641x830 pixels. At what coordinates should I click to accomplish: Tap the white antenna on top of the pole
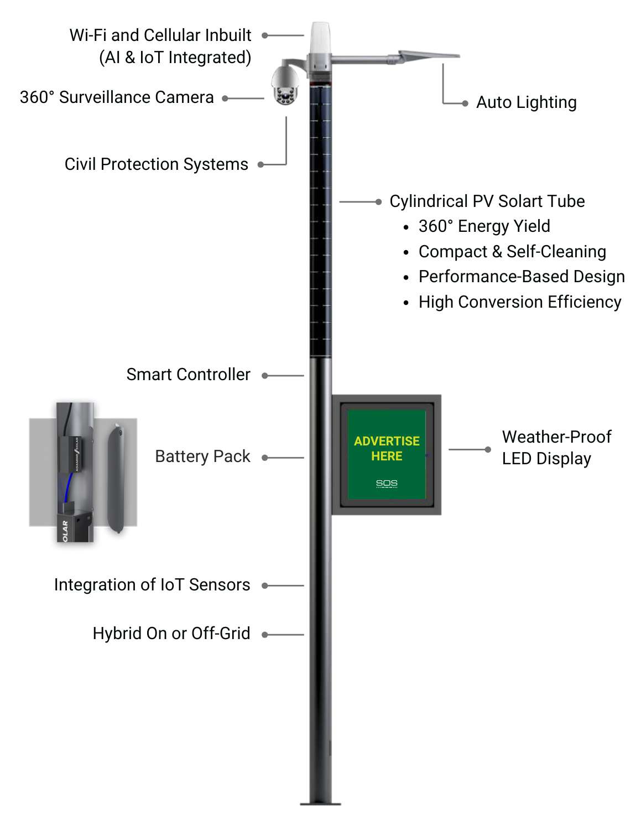click(320, 38)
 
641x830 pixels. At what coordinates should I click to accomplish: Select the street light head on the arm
click(429, 55)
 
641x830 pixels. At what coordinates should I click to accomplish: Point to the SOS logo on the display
click(387, 484)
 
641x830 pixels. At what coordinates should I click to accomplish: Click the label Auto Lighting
click(526, 102)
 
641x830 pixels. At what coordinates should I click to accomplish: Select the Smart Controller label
click(188, 375)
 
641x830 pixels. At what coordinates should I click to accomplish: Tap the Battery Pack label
click(202, 456)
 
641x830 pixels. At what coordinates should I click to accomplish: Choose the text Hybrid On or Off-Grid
click(171, 633)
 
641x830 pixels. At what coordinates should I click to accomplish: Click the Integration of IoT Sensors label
click(152, 585)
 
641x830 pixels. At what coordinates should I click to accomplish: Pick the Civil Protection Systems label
click(156, 164)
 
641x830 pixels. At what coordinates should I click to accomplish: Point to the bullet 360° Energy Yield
click(484, 226)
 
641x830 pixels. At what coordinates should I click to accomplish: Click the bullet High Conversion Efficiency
click(519, 302)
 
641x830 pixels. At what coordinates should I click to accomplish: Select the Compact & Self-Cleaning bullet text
click(512, 252)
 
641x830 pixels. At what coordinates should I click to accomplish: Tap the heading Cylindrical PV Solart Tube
click(487, 201)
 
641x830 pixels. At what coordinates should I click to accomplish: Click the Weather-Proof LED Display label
click(556, 448)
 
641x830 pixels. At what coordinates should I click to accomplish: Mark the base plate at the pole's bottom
click(320, 803)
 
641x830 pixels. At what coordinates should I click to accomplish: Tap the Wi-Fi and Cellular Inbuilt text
click(160, 35)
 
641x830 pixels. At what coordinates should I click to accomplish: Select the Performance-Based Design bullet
click(521, 277)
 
